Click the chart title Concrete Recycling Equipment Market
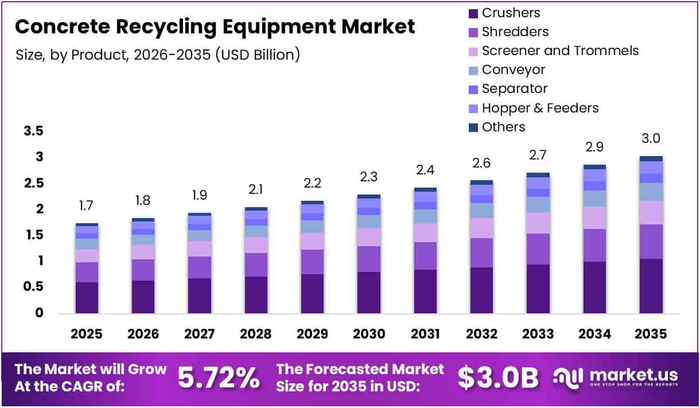[x=215, y=26]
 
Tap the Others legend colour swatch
[x=473, y=127]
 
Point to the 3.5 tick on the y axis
[x=33, y=131]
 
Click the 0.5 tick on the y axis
[x=33, y=287]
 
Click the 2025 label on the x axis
[x=87, y=334]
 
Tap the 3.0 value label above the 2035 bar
[x=651, y=138]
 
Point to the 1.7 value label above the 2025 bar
[x=87, y=205]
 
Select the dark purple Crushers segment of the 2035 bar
[x=651, y=286]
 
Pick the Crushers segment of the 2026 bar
[x=143, y=297]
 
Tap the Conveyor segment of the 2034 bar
[x=594, y=199]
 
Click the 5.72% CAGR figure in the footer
[x=218, y=377]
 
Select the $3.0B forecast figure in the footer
[x=498, y=377]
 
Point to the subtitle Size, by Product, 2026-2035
[x=157, y=55]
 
